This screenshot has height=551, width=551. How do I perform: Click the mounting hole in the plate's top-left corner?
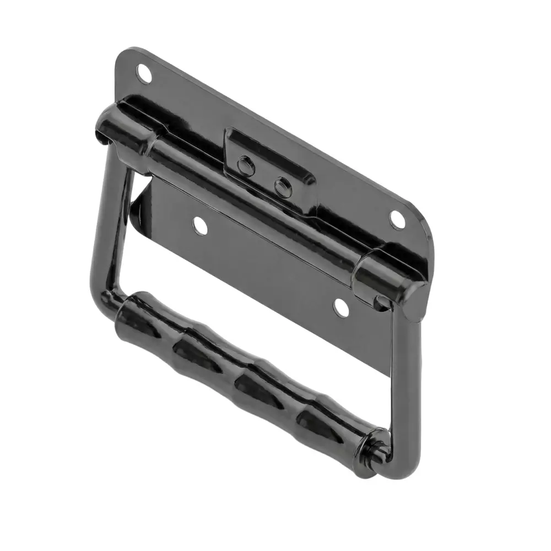tap(143, 74)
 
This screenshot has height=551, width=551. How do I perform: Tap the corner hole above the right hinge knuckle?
tap(397, 219)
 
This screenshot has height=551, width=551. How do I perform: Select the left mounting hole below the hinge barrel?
tap(199, 224)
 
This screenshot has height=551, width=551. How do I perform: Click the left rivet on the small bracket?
tap(246, 165)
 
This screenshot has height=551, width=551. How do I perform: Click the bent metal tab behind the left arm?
tap(138, 204)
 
